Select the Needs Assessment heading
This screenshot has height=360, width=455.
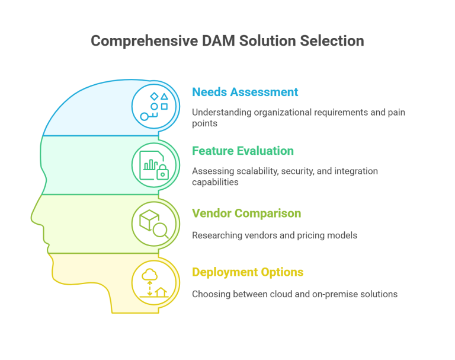coord(245,93)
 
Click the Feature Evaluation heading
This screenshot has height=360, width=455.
coord(242,151)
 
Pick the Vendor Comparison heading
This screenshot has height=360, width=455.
coord(246,213)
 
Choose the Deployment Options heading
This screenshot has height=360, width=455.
coord(248,272)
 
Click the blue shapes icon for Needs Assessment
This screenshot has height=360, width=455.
coord(155,105)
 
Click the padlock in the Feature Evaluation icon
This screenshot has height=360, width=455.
coord(161,173)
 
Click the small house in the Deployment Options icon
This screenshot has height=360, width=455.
coord(162,291)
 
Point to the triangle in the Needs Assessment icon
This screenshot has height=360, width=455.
coord(165,95)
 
